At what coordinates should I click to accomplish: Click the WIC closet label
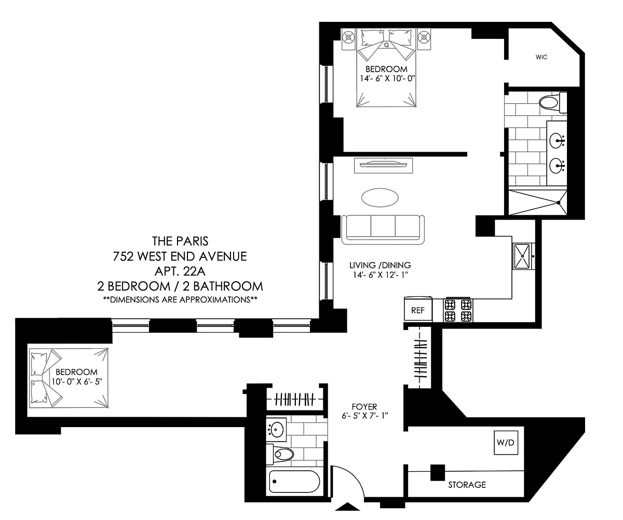(541, 57)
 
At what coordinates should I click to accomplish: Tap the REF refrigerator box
(418, 309)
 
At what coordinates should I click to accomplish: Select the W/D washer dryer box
(506, 443)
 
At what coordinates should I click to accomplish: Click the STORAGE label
(467, 485)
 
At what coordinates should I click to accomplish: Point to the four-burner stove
(458, 310)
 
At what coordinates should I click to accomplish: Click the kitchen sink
(523, 256)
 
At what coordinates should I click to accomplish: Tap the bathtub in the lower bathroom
(294, 481)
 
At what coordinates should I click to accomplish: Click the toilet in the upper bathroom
(552, 102)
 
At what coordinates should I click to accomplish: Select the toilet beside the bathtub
(280, 454)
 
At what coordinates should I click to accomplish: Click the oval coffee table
(380, 198)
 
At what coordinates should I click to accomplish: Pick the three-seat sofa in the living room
(383, 230)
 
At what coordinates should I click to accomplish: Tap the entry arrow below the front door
(348, 507)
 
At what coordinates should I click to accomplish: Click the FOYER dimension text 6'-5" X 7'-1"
(364, 416)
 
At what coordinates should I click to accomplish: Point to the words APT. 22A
(180, 271)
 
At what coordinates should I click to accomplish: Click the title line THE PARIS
(180, 241)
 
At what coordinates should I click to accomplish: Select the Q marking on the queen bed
(386, 45)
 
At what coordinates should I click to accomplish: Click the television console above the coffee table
(384, 166)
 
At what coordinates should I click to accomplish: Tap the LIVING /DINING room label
(380, 265)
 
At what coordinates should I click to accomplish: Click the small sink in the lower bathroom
(276, 429)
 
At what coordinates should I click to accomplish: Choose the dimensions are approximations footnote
(180, 299)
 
